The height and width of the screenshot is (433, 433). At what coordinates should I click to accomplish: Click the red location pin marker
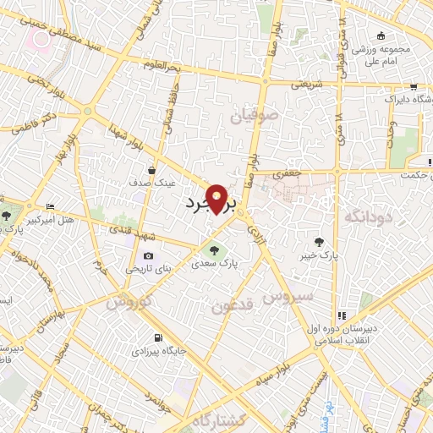218,198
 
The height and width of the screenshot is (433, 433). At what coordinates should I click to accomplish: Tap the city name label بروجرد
204,204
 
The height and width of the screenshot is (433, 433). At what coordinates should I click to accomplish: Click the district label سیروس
288,296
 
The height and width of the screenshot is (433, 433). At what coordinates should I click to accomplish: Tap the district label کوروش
130,301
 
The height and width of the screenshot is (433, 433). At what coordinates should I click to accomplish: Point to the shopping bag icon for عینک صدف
151,169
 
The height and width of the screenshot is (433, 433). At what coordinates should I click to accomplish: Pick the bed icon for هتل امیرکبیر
50,206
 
